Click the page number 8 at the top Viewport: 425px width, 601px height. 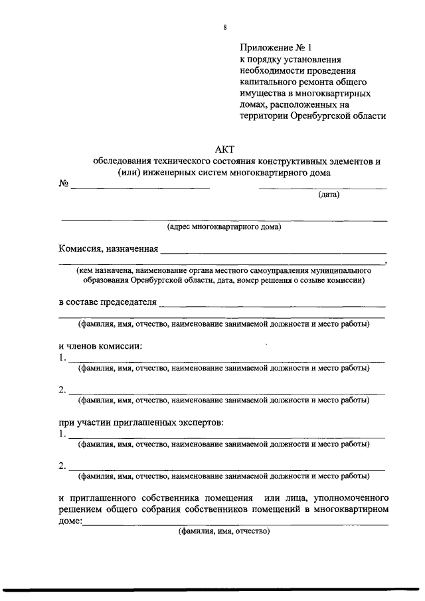[x=225, y=27]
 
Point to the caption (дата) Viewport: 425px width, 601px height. [x=328, y=195]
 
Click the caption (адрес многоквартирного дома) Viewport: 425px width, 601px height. [x=224, y=227]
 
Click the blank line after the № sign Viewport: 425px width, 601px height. [x=140, y=188]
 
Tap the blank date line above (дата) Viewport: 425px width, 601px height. [x=323, y=188]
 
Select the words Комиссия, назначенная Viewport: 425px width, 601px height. [x=108, y=250]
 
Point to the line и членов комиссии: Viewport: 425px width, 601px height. [x=100, y=345]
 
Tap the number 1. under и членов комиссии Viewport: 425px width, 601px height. [x=62, y=358]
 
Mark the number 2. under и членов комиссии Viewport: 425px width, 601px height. [x=62, y=389]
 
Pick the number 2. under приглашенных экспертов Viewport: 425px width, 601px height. [x=62, y=465]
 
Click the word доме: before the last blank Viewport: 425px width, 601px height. [x=70, y=521]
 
